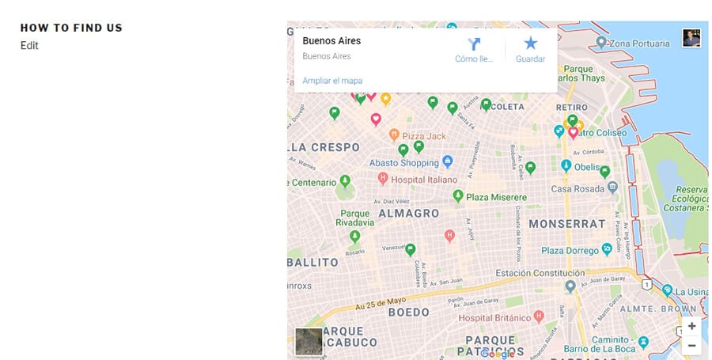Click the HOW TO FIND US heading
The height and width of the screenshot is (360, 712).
pos(71,28)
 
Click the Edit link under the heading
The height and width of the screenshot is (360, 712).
pos(29,46)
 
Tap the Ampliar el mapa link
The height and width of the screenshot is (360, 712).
pos(332,81)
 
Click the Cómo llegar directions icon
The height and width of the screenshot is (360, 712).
pos(474,44)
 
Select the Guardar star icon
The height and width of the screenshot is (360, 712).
pos(530,44)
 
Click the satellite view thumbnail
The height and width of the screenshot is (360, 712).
pos(309,341)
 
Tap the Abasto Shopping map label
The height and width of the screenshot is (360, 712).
pos(403,163)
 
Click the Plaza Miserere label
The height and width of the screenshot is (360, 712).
pos(495,197)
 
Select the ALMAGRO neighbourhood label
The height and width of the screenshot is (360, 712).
pos(408,214)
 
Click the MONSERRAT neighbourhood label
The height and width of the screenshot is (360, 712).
pos(566,224)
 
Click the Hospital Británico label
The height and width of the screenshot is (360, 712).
pos(495,317)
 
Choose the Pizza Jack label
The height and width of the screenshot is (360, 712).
pos(424,136)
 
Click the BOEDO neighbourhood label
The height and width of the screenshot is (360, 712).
pos(408,313)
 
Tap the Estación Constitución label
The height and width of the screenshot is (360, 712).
pos(540,274)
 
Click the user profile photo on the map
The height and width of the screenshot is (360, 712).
pos(691,38)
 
